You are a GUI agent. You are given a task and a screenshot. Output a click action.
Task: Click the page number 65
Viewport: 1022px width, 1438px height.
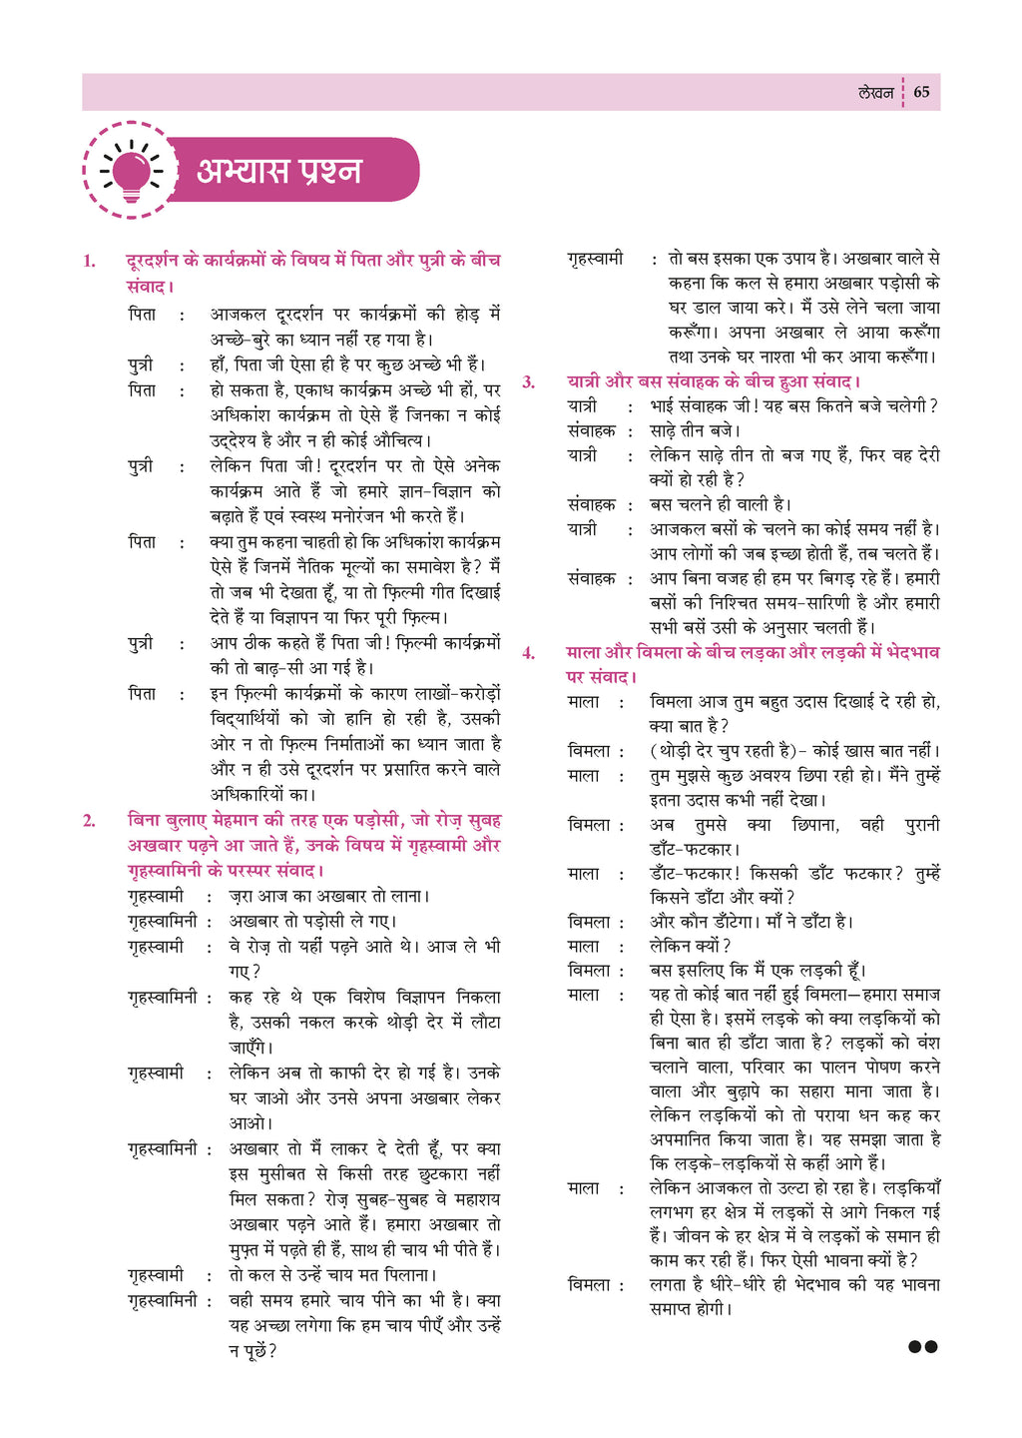pos(921,92)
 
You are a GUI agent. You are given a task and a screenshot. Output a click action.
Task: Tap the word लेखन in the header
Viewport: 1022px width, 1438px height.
pos(875,92)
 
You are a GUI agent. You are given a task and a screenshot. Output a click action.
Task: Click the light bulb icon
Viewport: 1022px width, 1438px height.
pos(131,171)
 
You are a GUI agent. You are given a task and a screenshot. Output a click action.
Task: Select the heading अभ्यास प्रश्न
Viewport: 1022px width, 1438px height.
pos(278,171)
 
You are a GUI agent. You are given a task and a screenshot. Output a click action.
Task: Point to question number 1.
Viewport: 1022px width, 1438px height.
pos(90,262)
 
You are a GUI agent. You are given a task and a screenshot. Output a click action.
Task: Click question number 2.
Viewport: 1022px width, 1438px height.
pos(90,821)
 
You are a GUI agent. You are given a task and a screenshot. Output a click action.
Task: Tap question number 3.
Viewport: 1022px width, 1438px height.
pos(529,382)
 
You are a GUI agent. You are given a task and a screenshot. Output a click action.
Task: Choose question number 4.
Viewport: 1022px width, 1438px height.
pos(529,653)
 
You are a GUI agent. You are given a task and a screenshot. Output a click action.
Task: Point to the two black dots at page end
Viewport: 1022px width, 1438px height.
pos(923,1347)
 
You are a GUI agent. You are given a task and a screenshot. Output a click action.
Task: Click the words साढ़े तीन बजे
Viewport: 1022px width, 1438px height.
pos(695,431)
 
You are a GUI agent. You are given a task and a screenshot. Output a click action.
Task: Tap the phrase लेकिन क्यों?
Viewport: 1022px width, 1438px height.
pos(690,947)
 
